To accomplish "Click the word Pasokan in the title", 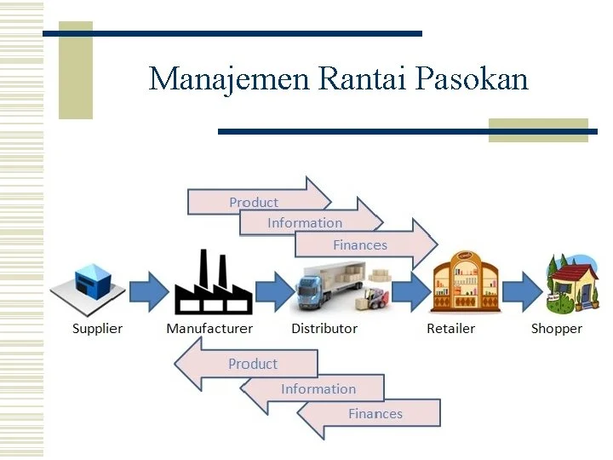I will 473,78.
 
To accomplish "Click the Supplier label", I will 97,329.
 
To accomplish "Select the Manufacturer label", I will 209,329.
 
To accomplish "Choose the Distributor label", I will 324,329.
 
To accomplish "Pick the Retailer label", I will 451,329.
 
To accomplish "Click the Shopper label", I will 557,329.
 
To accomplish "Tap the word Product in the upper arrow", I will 254,202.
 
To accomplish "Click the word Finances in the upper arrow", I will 360,245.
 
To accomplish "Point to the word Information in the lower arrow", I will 318,389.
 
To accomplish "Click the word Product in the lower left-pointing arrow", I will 253,364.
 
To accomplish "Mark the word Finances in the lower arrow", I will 375,414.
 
